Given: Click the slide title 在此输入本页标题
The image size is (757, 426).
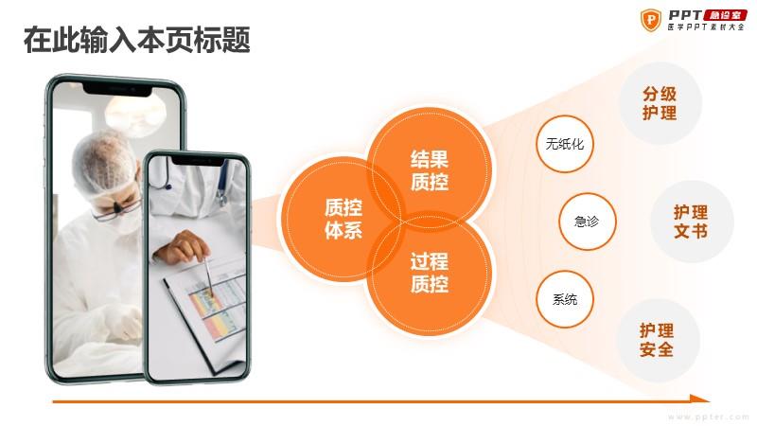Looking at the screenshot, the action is pyautogui.click(x=136, y=40).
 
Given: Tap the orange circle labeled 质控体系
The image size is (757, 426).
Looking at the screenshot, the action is pyautogui.click(x=342, y=219).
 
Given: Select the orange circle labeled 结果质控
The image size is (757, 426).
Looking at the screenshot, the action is pyautogui.click(x=430, y=169).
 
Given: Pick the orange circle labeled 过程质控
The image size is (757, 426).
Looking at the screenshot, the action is pyautogui.click(x=430, y=273).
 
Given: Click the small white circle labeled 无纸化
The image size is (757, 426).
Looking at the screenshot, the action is pyautogui.click(x=564, y=144).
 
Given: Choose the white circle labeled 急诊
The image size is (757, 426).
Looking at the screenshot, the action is pyautogui.click(x=587, y=222).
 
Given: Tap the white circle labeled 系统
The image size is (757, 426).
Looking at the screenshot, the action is pyautogui.click(x=564, y=299).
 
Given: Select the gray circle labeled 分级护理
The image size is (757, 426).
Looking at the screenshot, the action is pyautogui.click(x=660, y=103).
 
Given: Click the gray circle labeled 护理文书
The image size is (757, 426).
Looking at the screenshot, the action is pyautogui.click(x=692, y=222).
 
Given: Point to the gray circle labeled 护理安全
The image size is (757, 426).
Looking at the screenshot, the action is pyautogui.click(x=658, y=340).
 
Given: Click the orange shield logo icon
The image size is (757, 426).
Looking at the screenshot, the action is pyautogui.click(x=651, y=20).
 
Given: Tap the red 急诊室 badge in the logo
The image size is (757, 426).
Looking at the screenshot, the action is pyautogui.click(x=726, y=15).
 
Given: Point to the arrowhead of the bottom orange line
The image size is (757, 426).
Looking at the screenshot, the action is pyautogui.click(x=700, y=399).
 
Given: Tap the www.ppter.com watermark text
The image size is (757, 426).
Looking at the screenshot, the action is pyautogui.click(x=709, y=417).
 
